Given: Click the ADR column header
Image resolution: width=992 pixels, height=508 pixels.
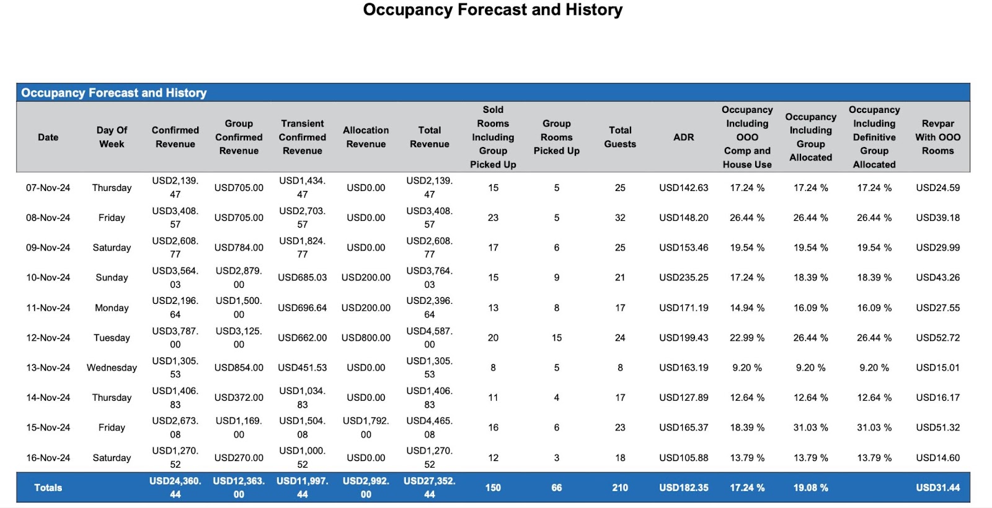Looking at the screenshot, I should [683, 137].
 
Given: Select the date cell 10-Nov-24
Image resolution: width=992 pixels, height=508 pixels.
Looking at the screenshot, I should [48, 277].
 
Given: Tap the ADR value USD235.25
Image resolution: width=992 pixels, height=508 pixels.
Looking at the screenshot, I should [683, 277].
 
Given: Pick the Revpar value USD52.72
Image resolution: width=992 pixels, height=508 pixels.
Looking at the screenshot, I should [937, 337].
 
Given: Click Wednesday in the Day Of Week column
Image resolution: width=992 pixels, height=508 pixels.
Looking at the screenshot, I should [112, 367].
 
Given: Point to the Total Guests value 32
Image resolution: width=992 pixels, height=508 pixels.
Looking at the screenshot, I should [620, 218].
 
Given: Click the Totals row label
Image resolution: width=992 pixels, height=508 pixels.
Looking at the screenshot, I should [48, 488].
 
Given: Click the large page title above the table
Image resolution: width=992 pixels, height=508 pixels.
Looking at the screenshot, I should [492, 10].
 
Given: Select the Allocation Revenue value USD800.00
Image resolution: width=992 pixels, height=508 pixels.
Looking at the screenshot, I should [366, 337].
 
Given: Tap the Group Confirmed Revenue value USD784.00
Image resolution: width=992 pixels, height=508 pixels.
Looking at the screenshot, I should [239, 247].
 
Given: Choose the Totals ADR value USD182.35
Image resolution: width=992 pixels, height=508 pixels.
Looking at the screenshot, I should [683, 488].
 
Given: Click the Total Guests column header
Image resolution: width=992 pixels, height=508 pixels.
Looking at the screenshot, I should [620, 137].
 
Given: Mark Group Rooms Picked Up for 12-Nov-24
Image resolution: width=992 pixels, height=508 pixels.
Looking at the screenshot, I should [557, 337].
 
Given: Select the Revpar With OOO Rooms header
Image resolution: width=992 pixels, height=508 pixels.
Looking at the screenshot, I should [937, 137].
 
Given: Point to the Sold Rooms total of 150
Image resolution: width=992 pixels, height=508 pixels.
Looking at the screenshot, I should [493, 488].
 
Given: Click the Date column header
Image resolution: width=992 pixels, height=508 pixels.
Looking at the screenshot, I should [48, 137].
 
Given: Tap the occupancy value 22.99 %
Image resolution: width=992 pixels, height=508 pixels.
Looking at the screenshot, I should [747, 337].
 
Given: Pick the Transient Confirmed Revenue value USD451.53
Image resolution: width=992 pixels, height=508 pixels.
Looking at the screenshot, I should [302, 367].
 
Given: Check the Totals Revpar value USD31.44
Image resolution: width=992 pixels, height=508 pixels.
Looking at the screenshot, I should [937, 488].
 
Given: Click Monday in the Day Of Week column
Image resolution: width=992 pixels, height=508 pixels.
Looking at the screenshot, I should [112, 308].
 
